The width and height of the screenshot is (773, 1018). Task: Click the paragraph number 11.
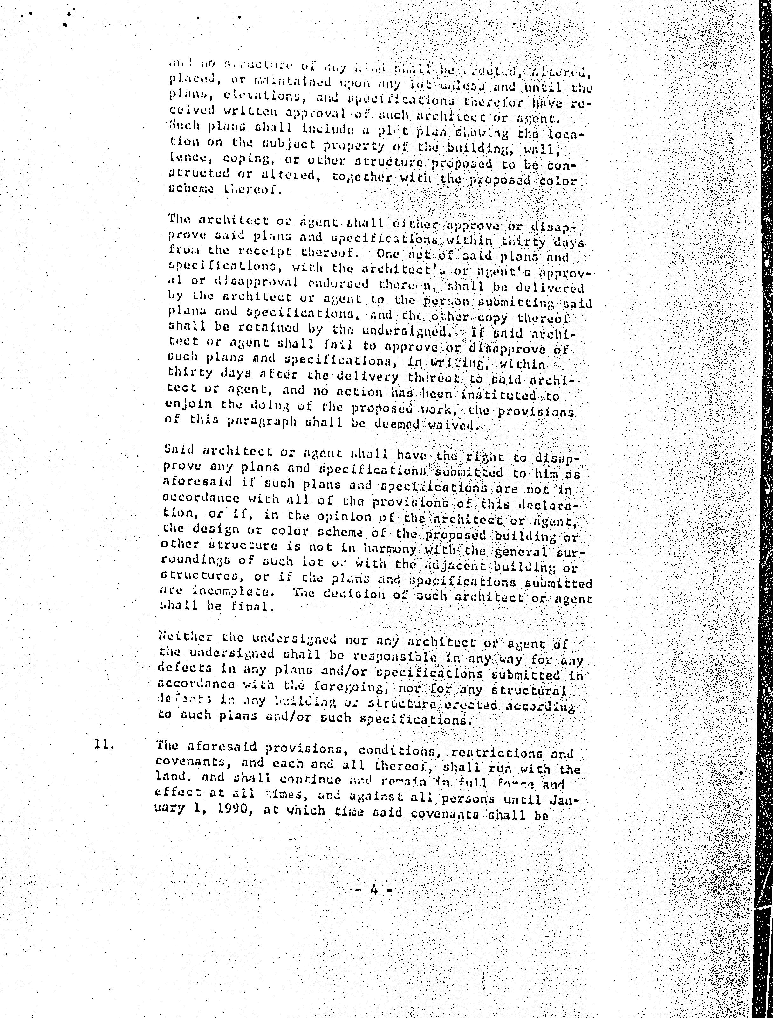pos(104,744)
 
